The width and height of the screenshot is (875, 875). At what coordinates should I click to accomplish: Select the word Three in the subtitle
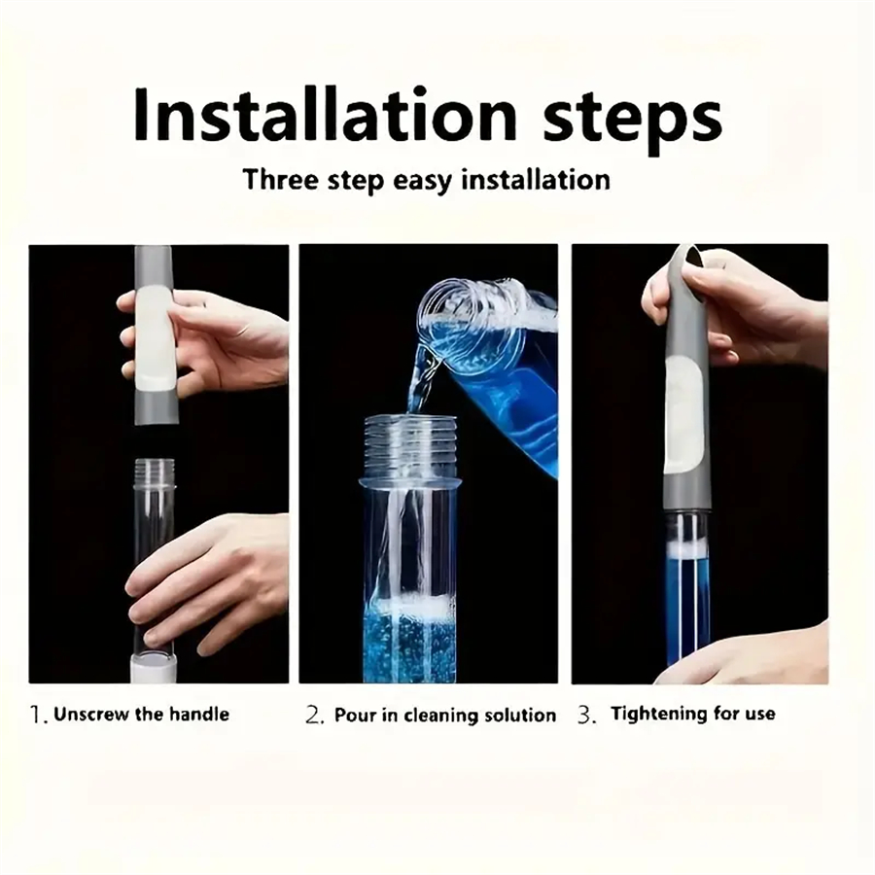282,180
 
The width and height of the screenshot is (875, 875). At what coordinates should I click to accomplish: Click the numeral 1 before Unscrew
36,715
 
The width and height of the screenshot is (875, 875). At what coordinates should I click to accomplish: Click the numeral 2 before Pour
313,716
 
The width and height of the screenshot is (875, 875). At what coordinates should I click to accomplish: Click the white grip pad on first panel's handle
153,335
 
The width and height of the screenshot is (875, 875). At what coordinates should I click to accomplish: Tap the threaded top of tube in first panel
154,473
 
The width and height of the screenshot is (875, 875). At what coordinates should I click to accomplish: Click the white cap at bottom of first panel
153,669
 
